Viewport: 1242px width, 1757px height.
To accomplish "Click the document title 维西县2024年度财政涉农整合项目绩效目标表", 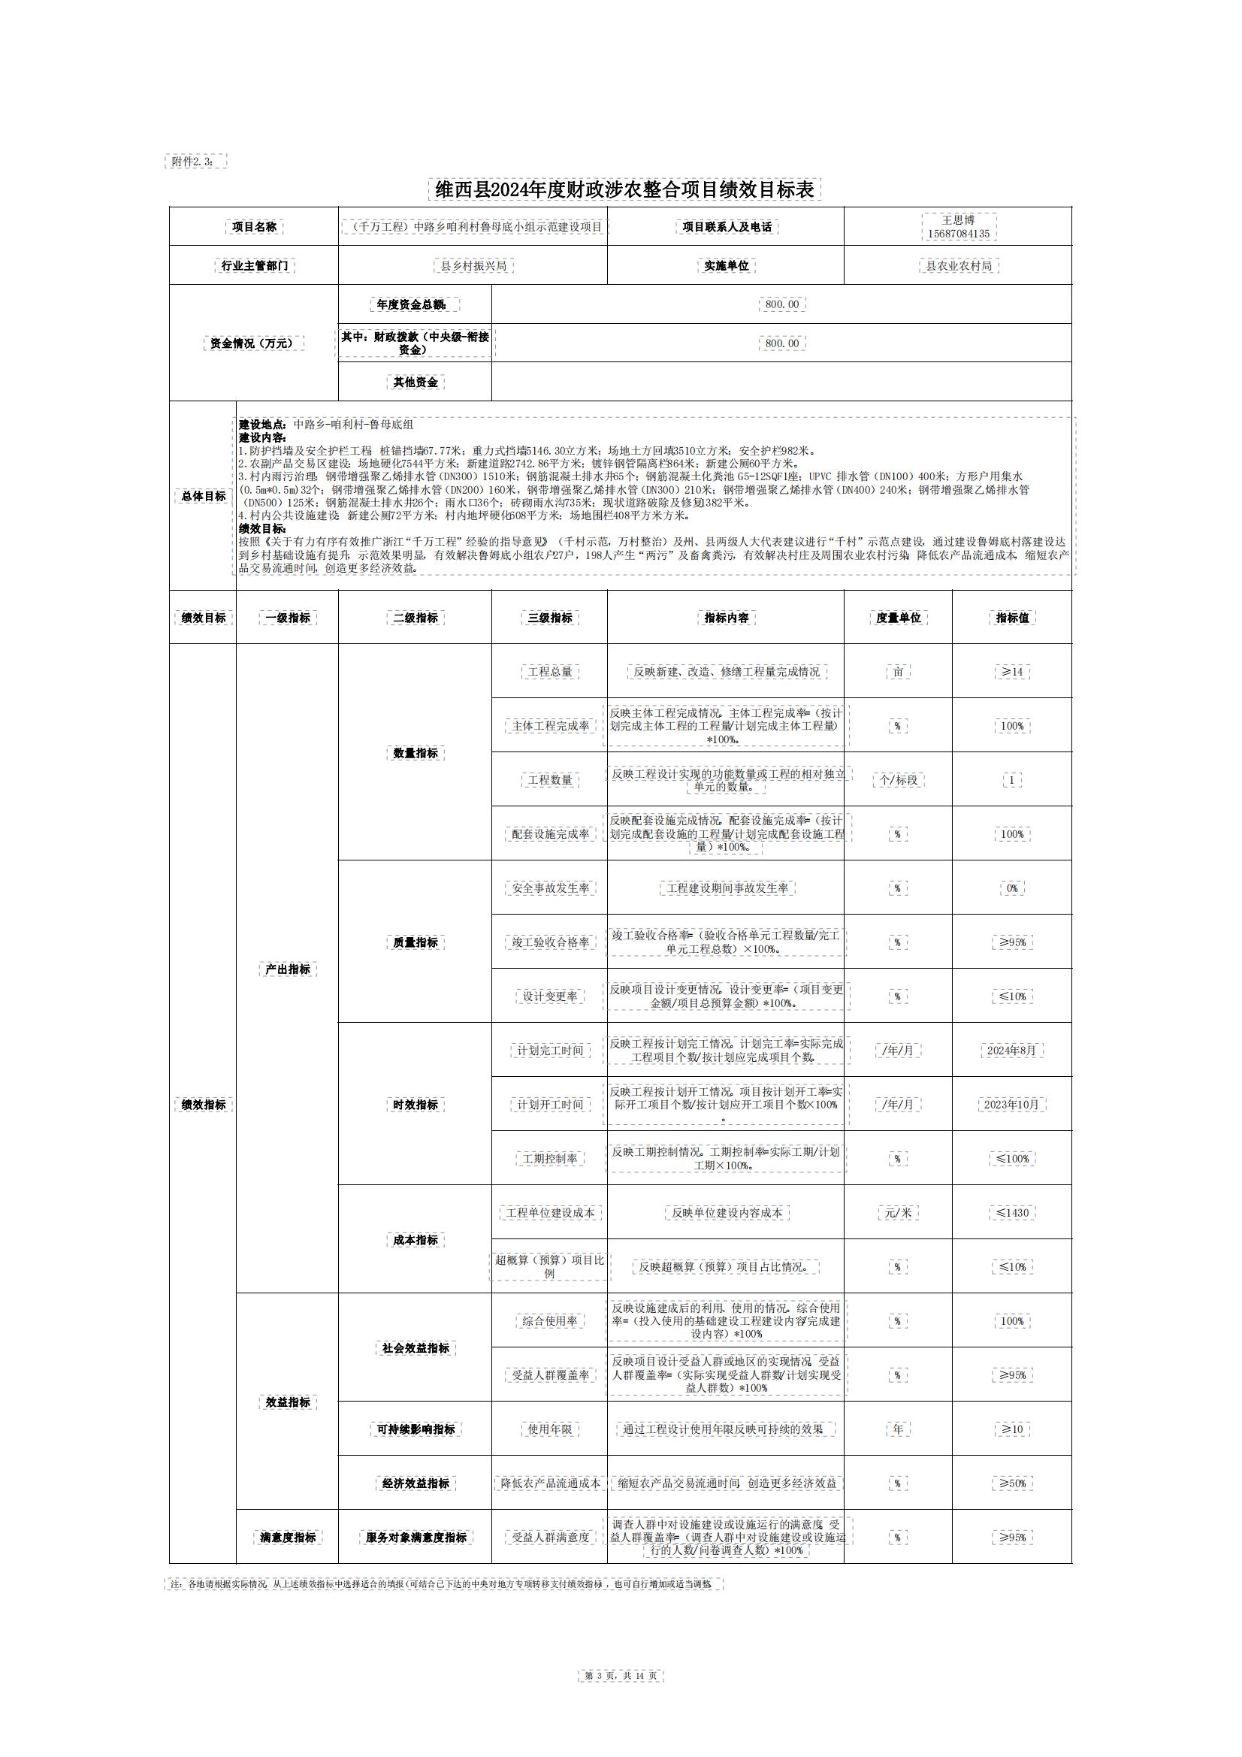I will coord(624,190).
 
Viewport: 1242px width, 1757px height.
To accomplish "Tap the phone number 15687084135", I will coord(958,234).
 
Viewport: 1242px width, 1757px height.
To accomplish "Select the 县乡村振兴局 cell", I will coord(473,265).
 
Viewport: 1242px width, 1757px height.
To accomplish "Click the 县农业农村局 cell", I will coord(958,265).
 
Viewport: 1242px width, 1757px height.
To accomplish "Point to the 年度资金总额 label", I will coord(415,304).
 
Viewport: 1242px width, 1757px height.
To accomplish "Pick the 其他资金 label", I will coord(415,382).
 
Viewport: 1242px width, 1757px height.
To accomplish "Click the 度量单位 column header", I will coord(898,618).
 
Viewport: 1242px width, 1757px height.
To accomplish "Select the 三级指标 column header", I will coord(549,618).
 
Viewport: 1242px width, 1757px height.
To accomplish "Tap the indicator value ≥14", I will coord(1011,672).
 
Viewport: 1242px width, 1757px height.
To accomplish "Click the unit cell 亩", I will coord(898,672).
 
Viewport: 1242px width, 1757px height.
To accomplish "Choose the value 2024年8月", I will coord(1011,1051).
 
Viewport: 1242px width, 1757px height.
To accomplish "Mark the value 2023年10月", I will coord(1011,1104).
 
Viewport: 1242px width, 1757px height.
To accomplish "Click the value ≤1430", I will coord(1011,1213).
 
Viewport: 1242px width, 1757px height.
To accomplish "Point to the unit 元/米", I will coord(898,1213).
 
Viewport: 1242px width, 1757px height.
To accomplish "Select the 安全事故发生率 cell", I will coord(549,888).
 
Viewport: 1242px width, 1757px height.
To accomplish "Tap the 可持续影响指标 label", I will coord(415,1429).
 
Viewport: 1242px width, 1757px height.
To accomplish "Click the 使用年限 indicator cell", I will coord(549,1429).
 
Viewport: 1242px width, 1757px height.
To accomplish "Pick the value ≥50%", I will coord(1011,1483).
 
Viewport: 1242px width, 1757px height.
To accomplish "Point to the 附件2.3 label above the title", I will coord(196,162).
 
